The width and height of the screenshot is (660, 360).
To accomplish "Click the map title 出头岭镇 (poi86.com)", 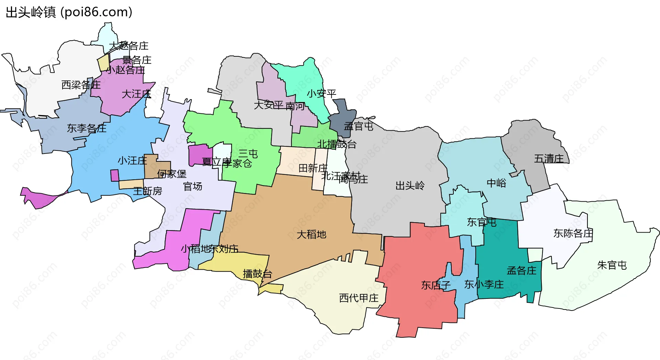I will [69, 12].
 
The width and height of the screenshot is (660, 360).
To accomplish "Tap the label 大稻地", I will [311, 235].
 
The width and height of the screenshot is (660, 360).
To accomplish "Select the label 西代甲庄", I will [359, 298].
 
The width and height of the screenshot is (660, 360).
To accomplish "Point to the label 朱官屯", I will [612, 265].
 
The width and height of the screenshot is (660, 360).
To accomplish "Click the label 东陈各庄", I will [573, 234].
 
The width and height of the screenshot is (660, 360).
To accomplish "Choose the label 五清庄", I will [549, 159].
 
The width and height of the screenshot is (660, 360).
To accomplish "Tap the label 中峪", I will [496, 183].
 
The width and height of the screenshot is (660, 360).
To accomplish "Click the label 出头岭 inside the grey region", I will [410, 186].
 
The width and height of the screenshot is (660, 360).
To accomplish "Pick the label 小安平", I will [321, 93].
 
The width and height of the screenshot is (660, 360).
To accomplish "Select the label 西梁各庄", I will [81, 85].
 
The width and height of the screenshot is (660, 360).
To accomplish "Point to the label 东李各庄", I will [87, 128].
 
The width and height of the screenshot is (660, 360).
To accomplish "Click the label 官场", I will [192, 187].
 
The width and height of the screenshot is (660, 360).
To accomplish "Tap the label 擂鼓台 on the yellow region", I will [257, 274].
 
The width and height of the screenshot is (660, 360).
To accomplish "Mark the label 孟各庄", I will [521, 271].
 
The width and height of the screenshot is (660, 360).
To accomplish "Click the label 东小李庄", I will [484, 284].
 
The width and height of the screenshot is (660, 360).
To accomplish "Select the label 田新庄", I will [313, 168].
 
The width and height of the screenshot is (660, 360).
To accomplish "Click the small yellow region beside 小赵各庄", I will [103, 63].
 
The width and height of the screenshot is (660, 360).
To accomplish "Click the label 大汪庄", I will [136, 94].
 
